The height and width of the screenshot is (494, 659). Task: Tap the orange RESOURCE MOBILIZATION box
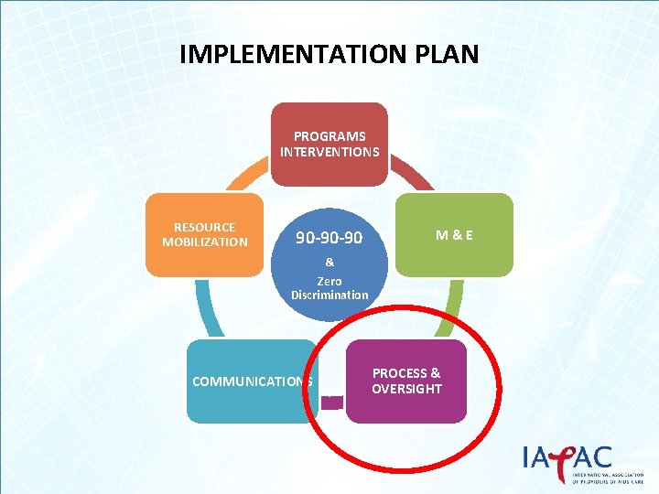[204, 234]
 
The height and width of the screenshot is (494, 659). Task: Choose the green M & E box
[455, 234]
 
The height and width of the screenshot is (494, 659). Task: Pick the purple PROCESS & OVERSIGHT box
[406, 381]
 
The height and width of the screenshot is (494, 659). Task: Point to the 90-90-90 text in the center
[329, 239]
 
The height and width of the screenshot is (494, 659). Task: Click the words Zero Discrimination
[329, 288]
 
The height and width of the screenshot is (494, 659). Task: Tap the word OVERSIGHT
[406, 389]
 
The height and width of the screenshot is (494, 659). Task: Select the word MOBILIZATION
[205, 242]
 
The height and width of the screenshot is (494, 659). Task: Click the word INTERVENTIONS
[329, 151]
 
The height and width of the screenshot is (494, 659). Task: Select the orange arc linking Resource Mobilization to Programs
[245, 178]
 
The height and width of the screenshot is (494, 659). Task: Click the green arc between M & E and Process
[454, 306]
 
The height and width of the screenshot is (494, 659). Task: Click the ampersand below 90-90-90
[329, 262]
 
